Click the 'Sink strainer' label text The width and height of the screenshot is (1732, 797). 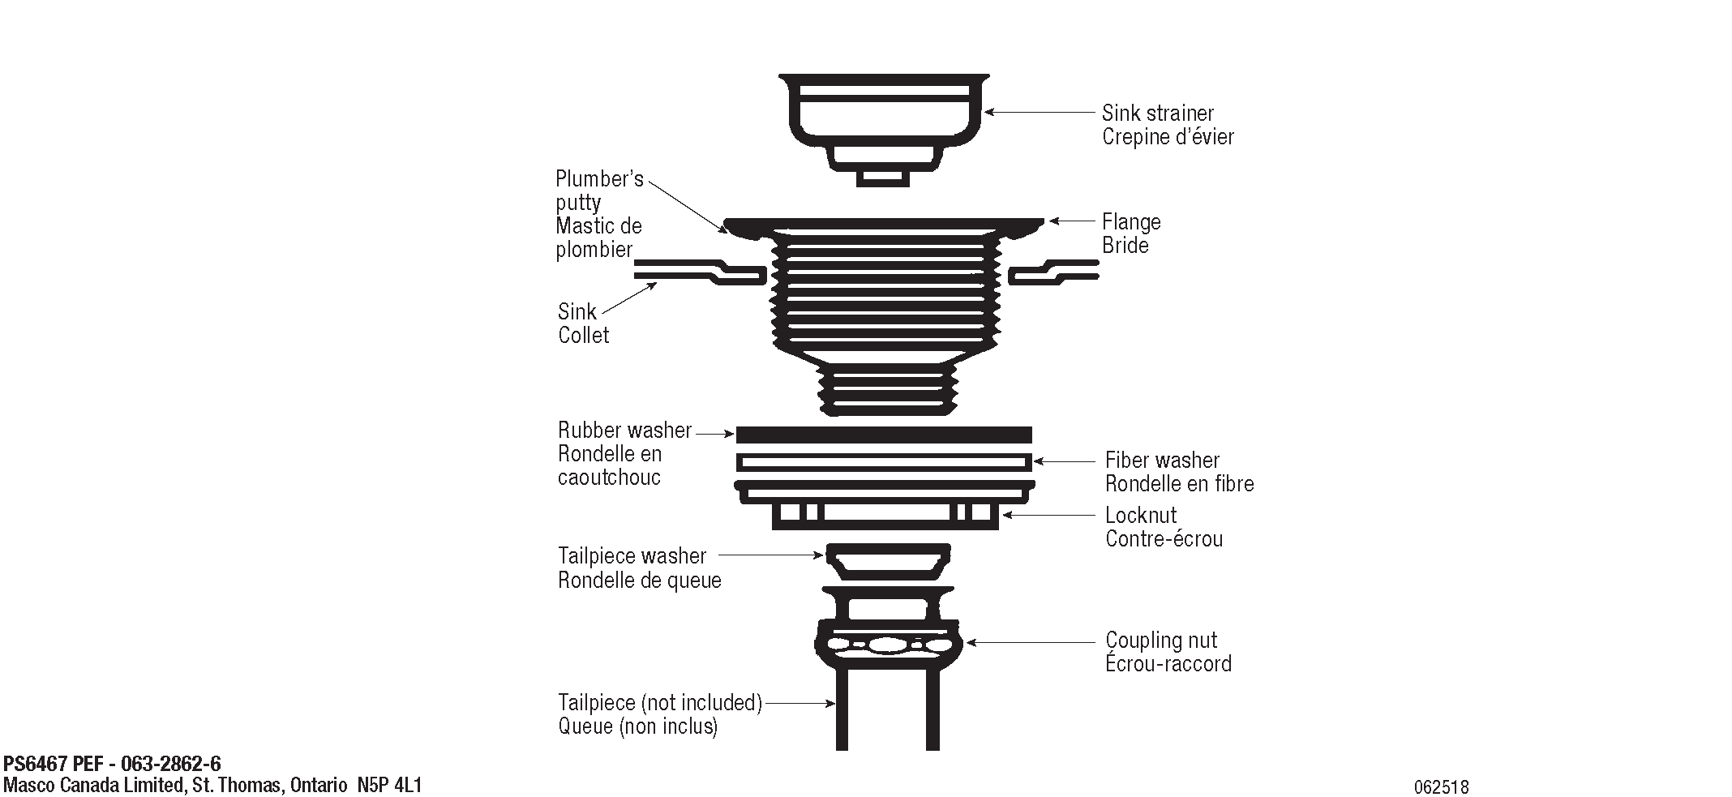pos(1157,114)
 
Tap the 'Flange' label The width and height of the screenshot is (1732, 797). pos(1131,222)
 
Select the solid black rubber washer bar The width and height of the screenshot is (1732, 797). pos(884,435)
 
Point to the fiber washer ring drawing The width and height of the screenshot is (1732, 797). pos(884,462)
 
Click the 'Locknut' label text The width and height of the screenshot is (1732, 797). pos(1141,516)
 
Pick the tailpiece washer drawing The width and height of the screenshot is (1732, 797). pos(888,562)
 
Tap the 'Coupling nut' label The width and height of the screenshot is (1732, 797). pos(1161,641)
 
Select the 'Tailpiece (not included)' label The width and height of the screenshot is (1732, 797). pos(660,702)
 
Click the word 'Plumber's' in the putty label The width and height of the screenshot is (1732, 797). pos(599,179)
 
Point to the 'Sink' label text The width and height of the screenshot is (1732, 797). pos(577,312)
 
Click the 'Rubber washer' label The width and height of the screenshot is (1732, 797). pos(624,431)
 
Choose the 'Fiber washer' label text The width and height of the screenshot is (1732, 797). pos(1162,461)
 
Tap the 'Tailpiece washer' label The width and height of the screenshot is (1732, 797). pos(632,556)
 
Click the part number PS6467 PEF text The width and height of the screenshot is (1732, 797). pos(112,764)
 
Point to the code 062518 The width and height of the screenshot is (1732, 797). pos(1441,786)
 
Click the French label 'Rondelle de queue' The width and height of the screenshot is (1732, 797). pos(639,581)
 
